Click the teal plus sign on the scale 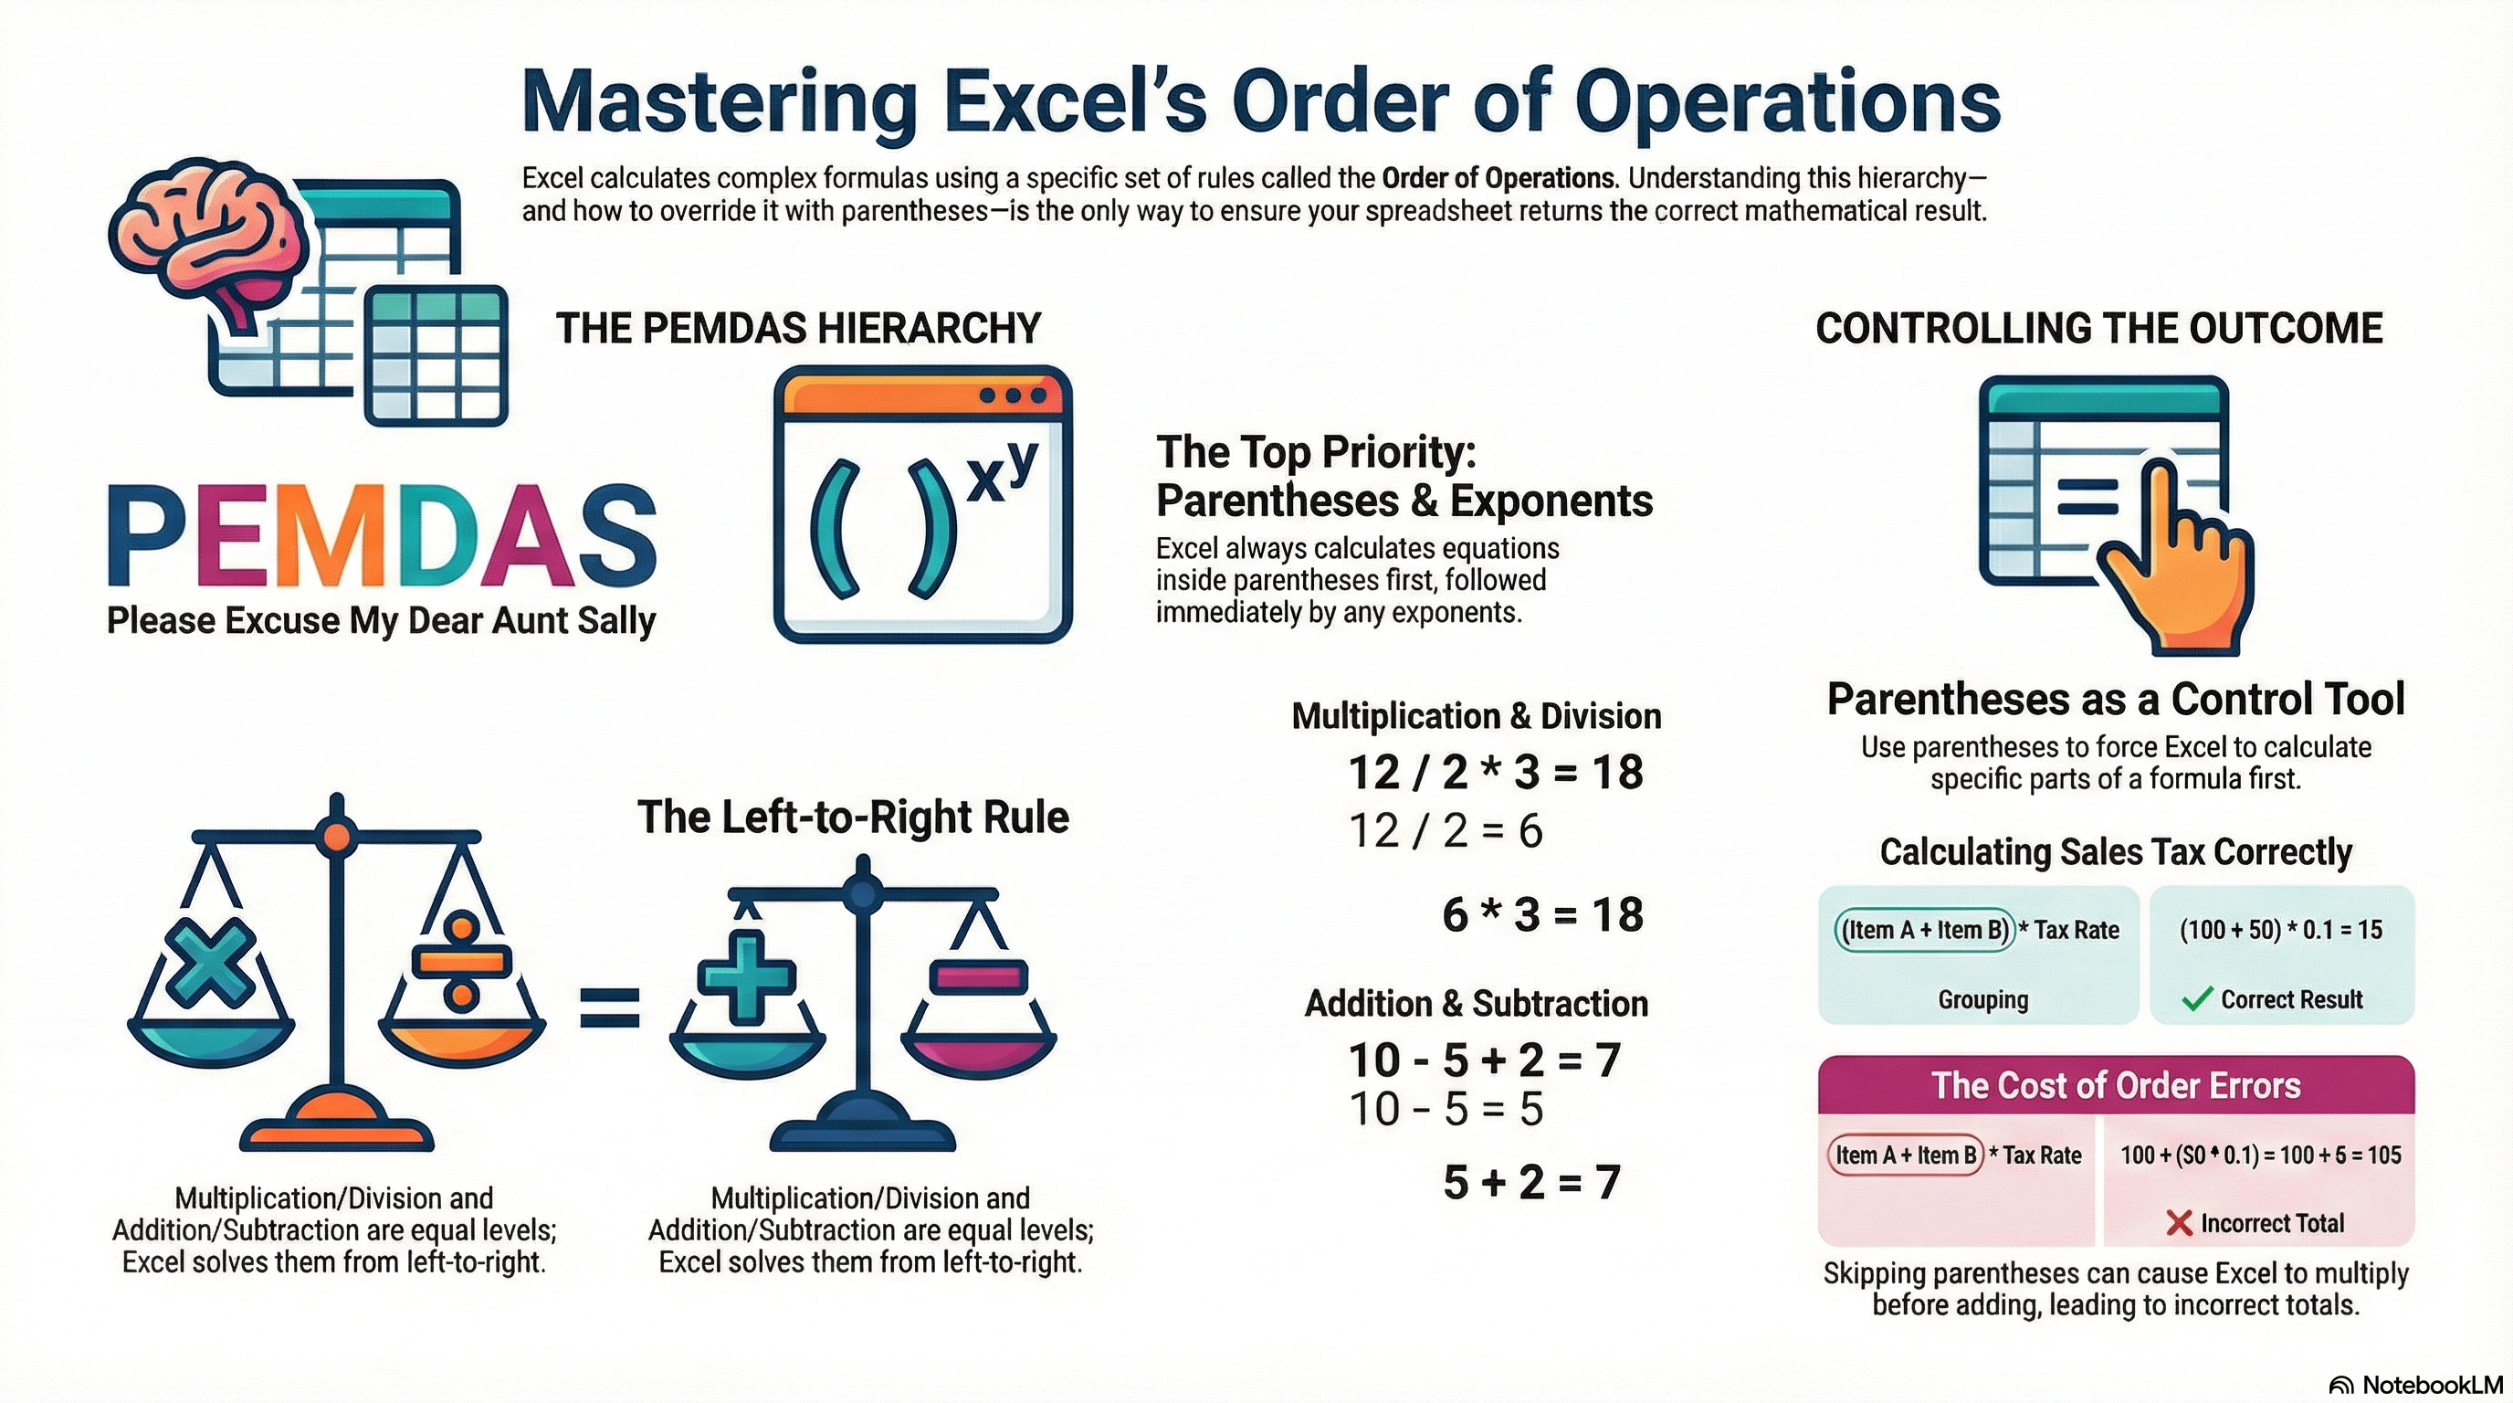(x=747, y=976)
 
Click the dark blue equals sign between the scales (x=610, y=1007)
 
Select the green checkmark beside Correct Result (x=2196, y=999)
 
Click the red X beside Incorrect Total (x=2179, y=1222)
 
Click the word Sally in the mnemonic (x=615, y=620)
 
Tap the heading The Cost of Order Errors (x=2116, y=1085)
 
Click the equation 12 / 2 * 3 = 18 (x=1496, y=772)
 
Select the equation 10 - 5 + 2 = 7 (x=1484, y=1060)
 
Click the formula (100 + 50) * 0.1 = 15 (x=2281, y=930)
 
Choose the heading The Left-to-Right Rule (x=853, y=817)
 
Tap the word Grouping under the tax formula (x=1982, y=999)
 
